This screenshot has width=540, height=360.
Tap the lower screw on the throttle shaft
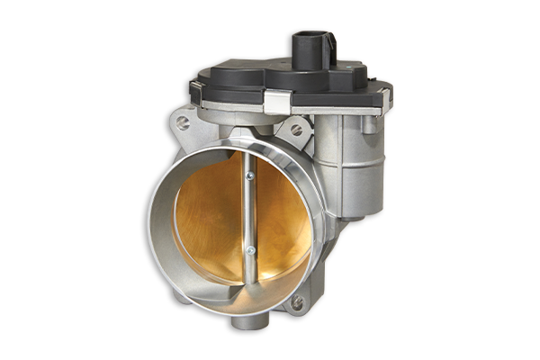251,250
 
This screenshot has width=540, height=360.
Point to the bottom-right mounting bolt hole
296,303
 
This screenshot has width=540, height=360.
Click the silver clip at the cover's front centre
276,103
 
